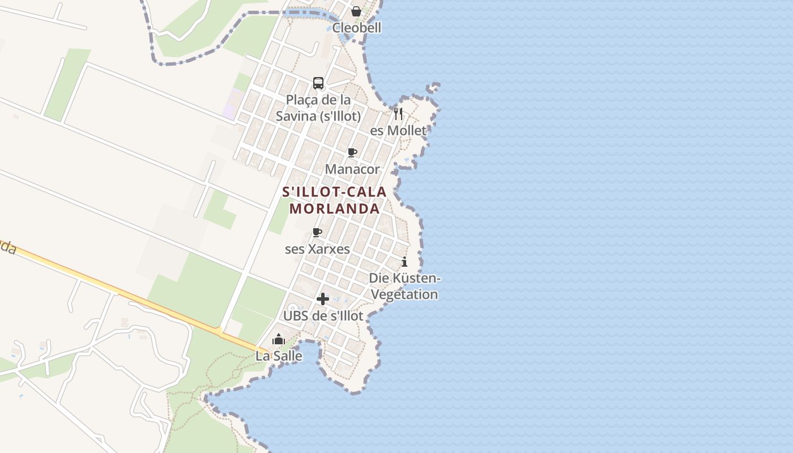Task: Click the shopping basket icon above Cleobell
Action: [356, 11]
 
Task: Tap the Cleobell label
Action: [357, 28]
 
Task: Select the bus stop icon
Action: [318, 83]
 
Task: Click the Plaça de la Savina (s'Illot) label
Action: [318, 108]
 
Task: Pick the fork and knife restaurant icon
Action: [398, 114]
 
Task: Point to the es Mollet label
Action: [398, 130]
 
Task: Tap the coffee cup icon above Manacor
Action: [352, 152]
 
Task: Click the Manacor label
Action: [352, 169]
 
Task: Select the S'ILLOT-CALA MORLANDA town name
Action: [334, 200]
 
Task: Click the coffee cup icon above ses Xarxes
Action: [317, 232]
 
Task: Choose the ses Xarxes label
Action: [317, 249]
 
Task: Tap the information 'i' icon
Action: [404, 262]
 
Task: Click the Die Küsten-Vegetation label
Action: [404, 286]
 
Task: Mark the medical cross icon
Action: [323, 299]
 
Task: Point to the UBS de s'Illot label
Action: [323, 315]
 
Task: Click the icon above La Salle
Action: [279, 340]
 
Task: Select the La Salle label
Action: [279, 356]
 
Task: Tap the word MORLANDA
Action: [334, 208]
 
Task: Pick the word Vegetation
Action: [404, 294]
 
